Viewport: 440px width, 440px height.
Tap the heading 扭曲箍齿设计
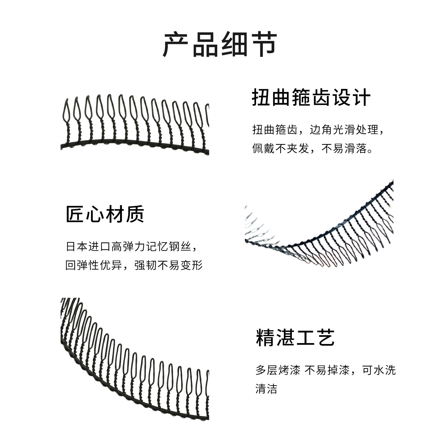[311, 97]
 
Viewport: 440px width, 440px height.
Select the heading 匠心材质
[105, 214]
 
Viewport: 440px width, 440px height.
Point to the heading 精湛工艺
[295, 338]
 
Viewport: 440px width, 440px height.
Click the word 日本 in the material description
[77, 246]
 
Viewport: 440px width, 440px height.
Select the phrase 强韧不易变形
[169, 265]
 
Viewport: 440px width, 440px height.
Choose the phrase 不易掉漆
[327, 370]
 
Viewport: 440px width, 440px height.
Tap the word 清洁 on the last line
[266, 389]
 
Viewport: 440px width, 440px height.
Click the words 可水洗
[379, 370]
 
